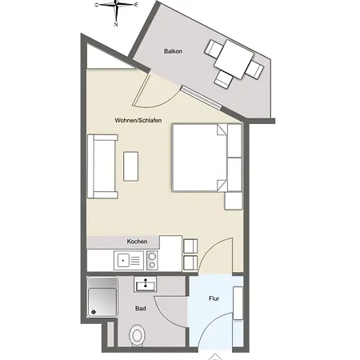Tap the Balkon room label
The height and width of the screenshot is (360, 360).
click(174, 52)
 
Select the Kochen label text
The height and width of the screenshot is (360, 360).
click(136, 241)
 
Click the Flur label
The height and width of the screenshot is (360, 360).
click(214, 299)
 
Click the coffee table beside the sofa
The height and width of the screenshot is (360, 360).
click(131, 165)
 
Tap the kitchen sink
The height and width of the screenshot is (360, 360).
click(126, 259)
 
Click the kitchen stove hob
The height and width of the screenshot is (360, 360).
click(151, 259)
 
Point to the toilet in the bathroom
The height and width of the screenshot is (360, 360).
click(138, 335)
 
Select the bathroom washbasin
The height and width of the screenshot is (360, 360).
click(145, 284)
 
